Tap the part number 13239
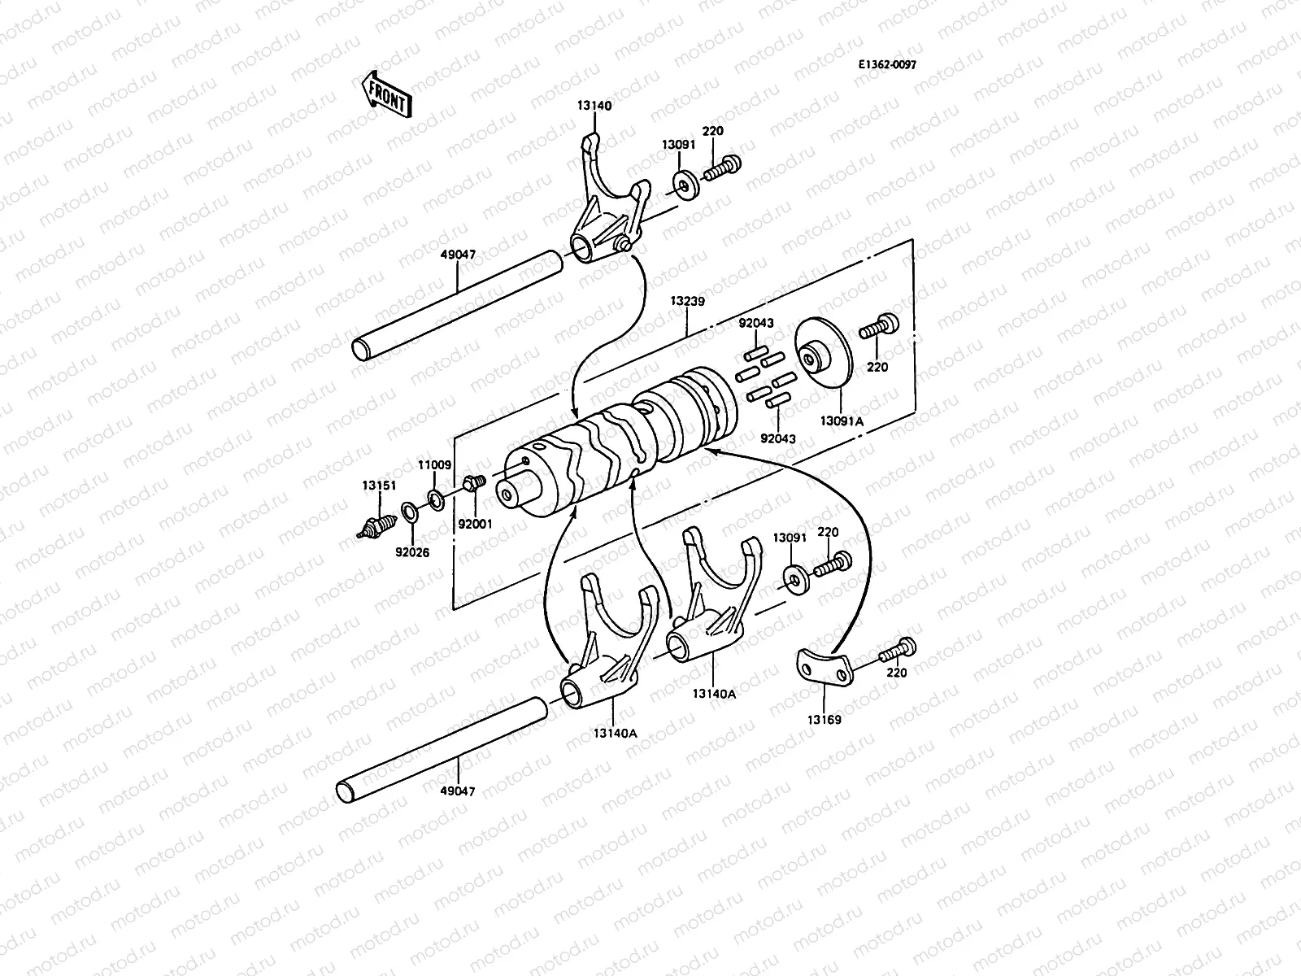687,301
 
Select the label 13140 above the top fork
594,106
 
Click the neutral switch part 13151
375,525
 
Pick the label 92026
412,552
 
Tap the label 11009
434,465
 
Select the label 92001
475,525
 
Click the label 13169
824,720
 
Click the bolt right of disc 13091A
879,325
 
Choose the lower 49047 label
458,791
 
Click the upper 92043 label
755,323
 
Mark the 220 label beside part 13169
897,673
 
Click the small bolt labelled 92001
472,485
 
